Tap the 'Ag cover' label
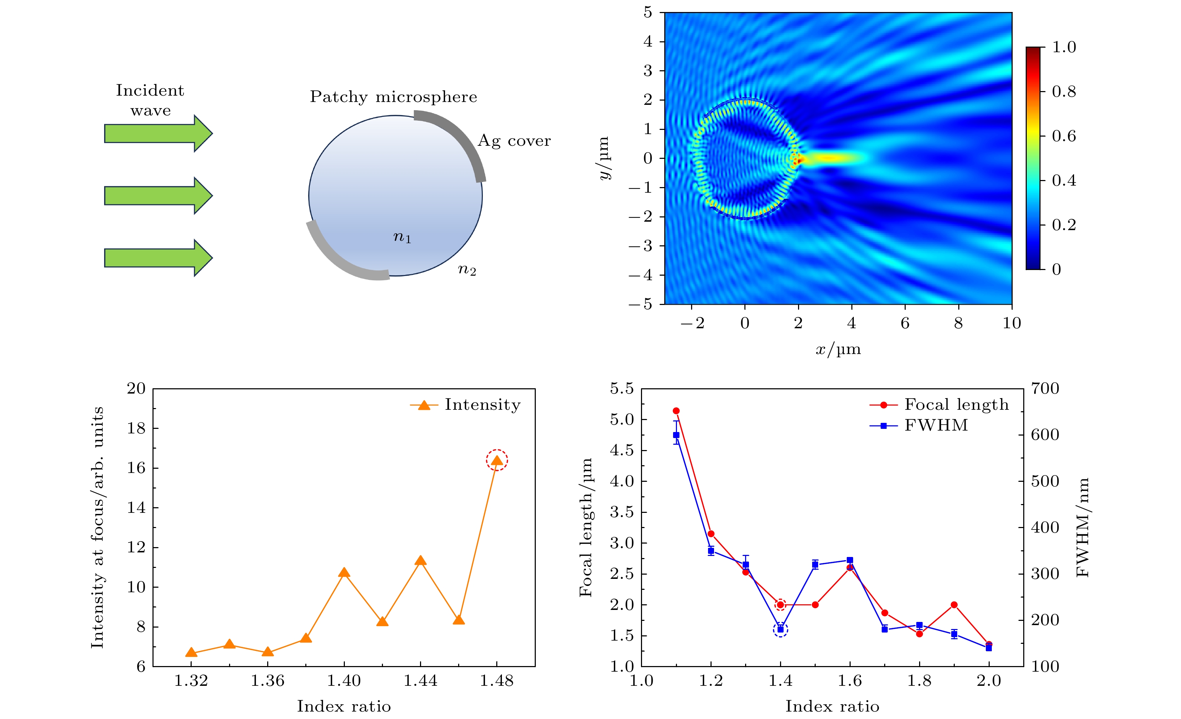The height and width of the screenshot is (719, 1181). (514, 141)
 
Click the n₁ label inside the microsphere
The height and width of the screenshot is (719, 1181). (402, 237)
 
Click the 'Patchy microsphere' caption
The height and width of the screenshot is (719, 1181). (394, 97)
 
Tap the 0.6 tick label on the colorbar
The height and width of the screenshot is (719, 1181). (1063, 136)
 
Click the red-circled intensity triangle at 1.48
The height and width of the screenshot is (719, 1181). (497, 461)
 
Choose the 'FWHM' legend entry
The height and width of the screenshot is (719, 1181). (936, 425)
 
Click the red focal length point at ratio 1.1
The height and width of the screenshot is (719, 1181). (676, 411)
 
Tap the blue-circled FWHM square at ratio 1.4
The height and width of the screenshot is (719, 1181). (780, 629)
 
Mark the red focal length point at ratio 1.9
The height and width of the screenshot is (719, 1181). (954, 605)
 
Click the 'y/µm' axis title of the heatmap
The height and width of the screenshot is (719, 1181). (604, 158)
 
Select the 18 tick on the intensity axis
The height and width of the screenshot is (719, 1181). (136, 429)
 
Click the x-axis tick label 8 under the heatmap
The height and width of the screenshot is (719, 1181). (958, 324)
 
